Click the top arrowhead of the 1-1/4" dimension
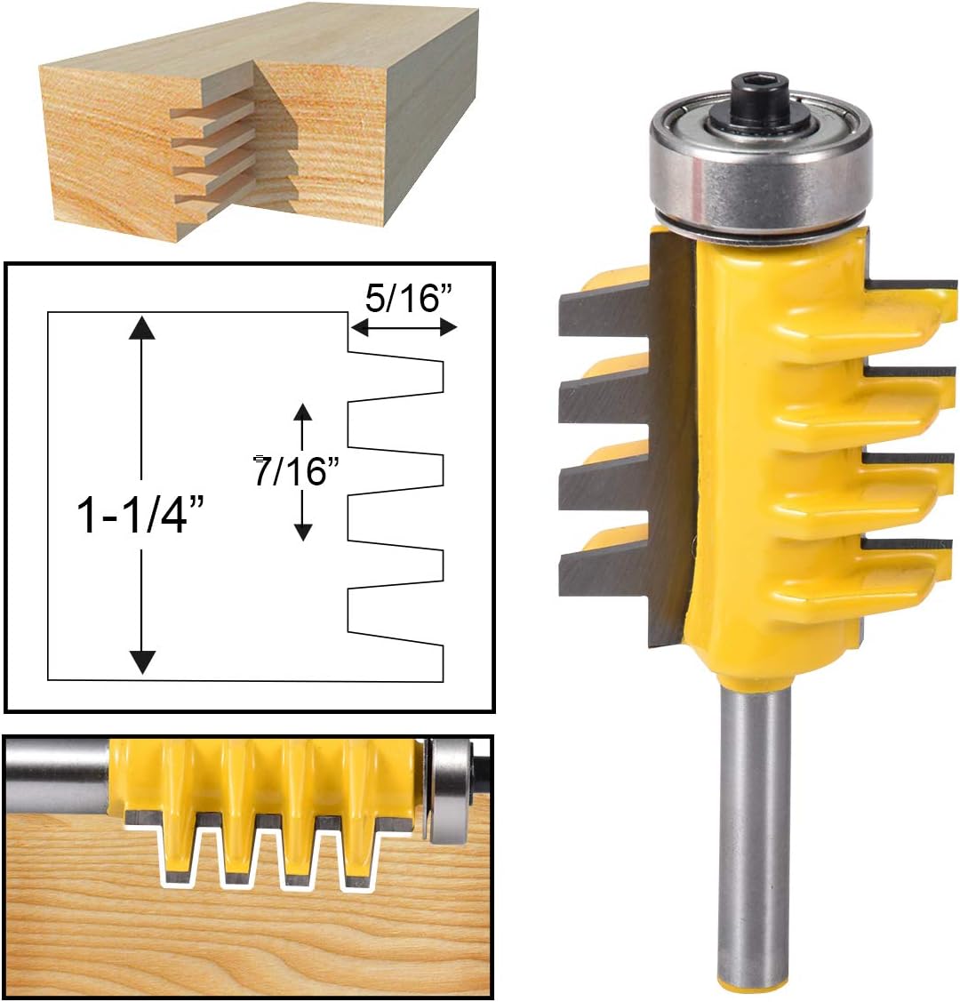click(141, 328)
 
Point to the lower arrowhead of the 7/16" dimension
click(303, 531)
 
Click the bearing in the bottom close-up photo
click(449, 790)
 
